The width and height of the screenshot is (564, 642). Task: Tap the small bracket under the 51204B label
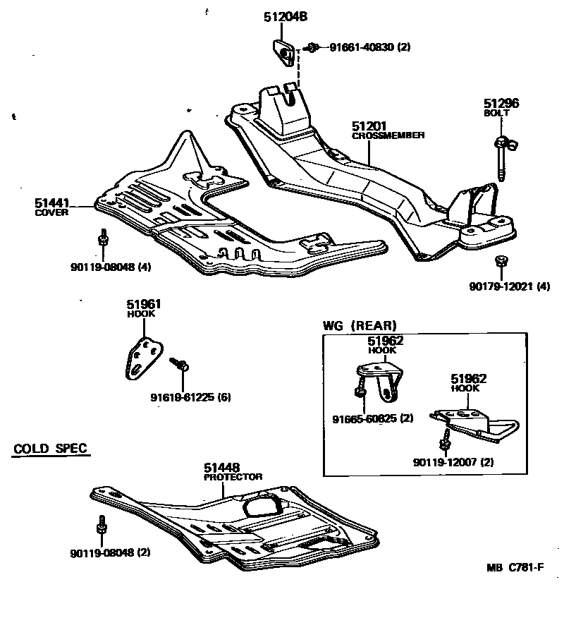(x=284, y=52)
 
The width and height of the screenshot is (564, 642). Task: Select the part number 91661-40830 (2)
(x=370, y=47)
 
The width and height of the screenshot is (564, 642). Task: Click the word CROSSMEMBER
(x=388, y=135)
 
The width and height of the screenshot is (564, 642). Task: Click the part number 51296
(x=501, y=103)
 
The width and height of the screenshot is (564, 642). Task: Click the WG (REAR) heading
(x=360, y=325)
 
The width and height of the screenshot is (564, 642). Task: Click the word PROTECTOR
(x=233, y=477)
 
